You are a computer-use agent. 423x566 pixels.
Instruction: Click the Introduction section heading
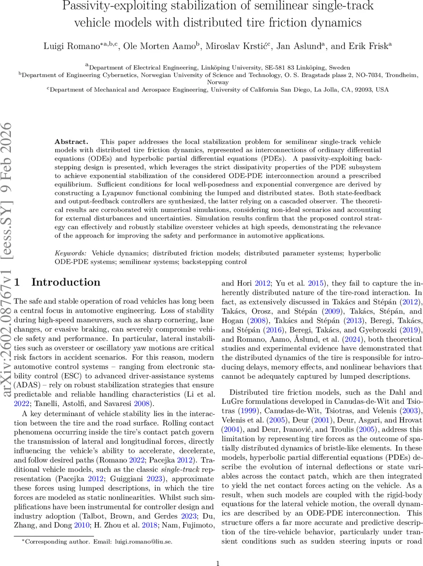[66, 282]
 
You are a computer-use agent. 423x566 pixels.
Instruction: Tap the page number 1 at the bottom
[218, 550]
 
